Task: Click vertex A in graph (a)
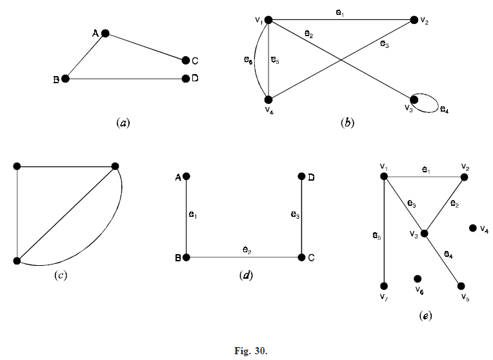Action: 105,33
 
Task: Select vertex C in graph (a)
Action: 186,61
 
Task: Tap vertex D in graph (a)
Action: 186,79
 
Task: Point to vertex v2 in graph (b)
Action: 413,21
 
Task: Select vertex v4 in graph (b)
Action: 268,99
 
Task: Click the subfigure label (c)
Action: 61,275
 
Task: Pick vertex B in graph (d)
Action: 186,257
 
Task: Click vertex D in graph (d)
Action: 302,176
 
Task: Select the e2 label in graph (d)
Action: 246,249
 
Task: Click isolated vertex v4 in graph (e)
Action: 473,228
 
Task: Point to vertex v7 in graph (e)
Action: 384,286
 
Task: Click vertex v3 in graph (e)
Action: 425,233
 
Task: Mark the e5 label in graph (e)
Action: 376,235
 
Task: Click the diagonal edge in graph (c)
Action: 65,214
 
